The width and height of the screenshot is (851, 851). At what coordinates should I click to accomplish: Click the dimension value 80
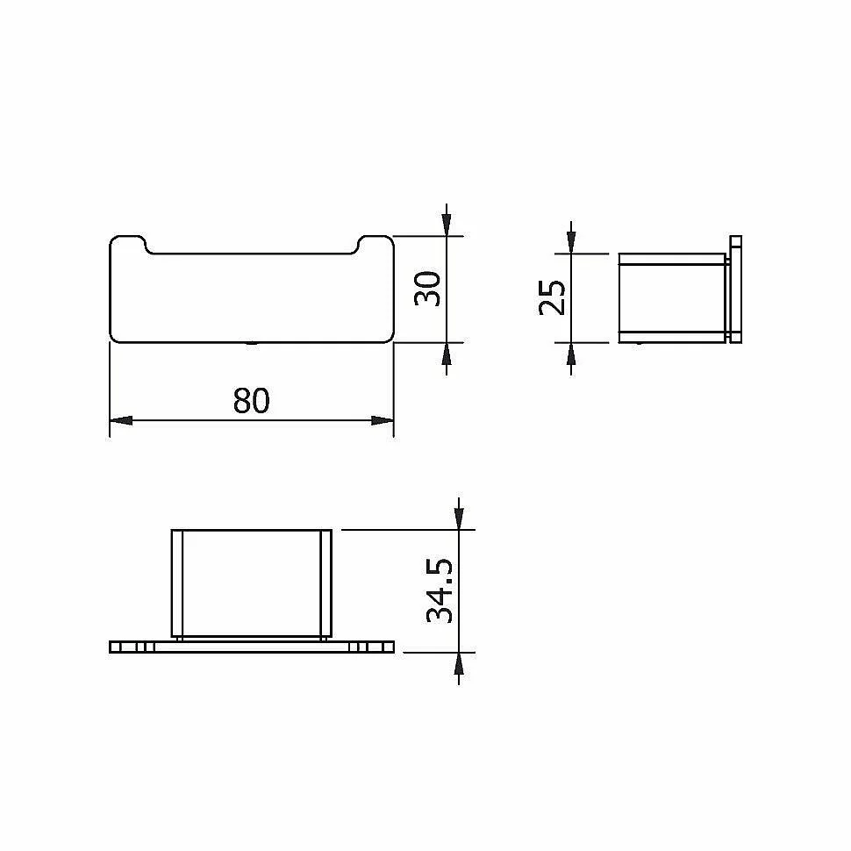coord(251,401)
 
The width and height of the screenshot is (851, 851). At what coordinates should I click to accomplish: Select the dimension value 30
coord(427,288)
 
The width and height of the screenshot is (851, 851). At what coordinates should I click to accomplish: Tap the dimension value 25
coord(553,297)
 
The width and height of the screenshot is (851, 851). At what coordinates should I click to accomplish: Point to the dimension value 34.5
coord(440,590)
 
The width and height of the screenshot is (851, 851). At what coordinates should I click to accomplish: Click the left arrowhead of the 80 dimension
coord(121,420)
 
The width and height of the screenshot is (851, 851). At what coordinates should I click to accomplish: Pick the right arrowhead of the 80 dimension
coord(383,420)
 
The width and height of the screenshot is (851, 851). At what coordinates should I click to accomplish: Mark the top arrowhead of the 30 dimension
coord(447,225)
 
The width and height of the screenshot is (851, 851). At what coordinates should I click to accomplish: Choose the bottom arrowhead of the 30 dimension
coord(447,354)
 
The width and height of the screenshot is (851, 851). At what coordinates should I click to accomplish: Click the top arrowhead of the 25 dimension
coord(571,242)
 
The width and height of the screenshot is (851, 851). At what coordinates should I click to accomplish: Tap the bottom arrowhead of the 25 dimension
coord(571,354)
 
